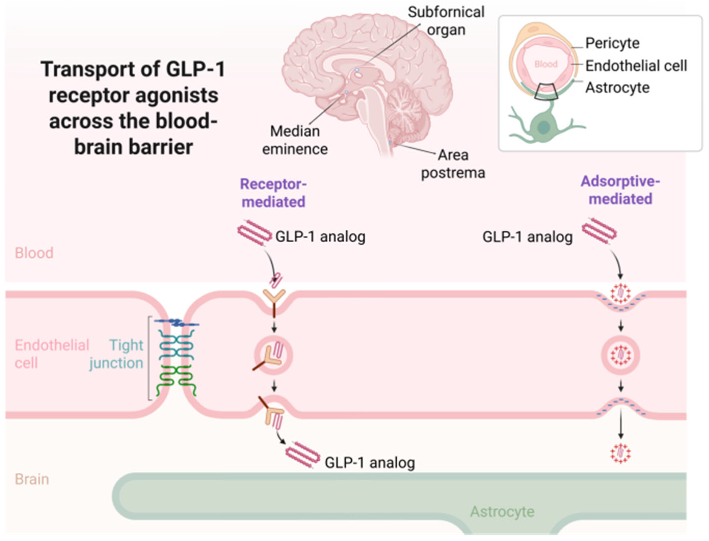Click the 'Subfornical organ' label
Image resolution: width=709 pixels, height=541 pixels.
[446, 21]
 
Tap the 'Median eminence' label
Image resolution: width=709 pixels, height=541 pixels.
[295, 140]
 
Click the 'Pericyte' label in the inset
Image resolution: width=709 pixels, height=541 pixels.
[612, 43]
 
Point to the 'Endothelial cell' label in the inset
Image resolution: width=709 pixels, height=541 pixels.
[636, 66]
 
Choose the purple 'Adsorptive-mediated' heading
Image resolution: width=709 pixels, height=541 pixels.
[620, 190]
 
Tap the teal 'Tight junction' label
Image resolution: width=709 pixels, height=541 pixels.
[117, 354]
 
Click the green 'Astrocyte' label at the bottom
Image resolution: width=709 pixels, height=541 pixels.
[502, 511]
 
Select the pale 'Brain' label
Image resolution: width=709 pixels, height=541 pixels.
[32, 479]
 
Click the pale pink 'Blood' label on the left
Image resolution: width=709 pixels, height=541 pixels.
[34, 253]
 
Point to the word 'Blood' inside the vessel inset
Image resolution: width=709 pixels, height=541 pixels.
[546, 64]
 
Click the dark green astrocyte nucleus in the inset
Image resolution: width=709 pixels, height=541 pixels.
[543, 128]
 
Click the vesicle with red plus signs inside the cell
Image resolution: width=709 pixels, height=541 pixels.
[620, 356]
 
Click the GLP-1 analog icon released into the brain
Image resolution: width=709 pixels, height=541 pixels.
[303, 455]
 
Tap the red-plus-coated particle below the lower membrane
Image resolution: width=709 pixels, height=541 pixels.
[620, 453]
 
